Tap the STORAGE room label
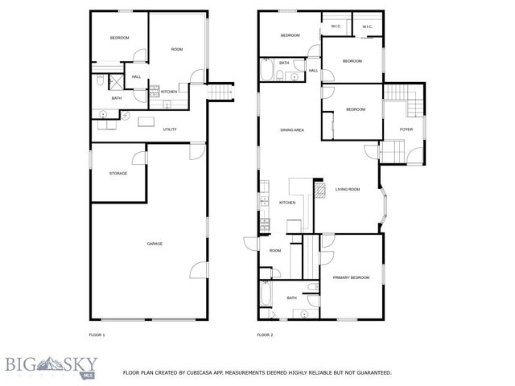click(118, 173)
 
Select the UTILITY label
click(170, 129)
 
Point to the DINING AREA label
click(291, 129)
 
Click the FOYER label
click(406, 129)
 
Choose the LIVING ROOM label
click(348, 190)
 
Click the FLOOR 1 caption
click(97, 335)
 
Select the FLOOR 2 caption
click(265, 335)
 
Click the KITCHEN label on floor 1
click(169, 92)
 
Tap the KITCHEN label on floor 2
click(287, 203)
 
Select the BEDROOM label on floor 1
click(119, 38)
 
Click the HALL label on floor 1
click(136, 76)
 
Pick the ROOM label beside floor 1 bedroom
click(177, 50)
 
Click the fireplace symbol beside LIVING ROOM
click(319, 191)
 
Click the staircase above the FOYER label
click(401, 103)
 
